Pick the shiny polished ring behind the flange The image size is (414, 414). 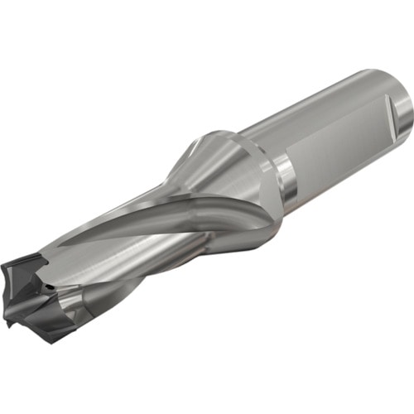click(x=286, y=178)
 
